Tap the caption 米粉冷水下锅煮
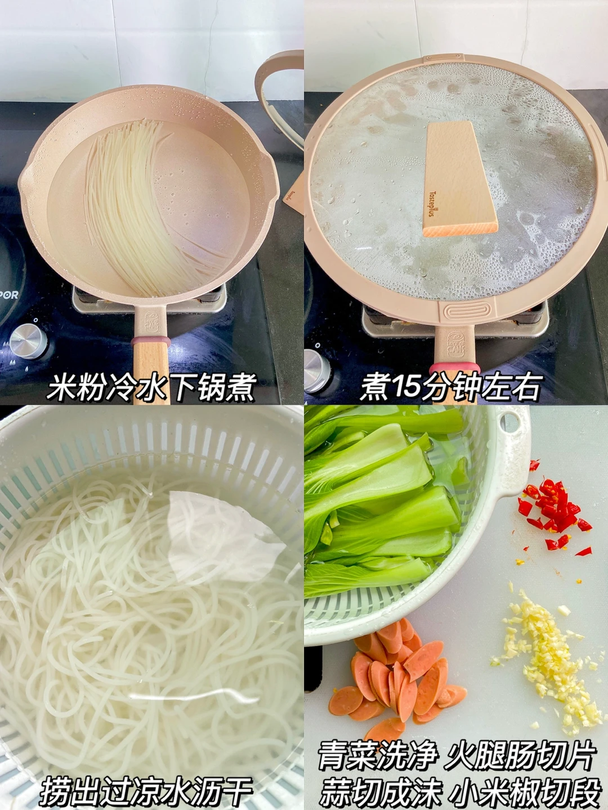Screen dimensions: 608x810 click(152, 387)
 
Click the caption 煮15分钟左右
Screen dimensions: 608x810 click(451, 387)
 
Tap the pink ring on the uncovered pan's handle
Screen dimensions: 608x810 click(152, 341)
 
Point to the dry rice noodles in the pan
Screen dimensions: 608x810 click(147, 211)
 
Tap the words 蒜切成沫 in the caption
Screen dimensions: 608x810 click(381, 788)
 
